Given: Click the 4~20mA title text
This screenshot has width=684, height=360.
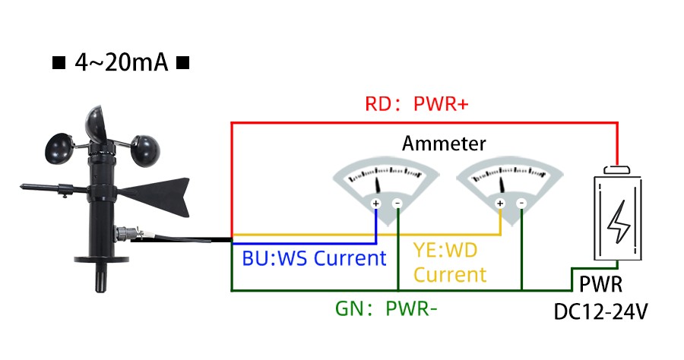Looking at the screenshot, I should [x=121, y=62].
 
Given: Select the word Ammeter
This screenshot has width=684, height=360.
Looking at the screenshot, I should [x=444, y=144].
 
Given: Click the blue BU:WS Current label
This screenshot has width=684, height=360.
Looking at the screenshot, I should [x=314, y=258].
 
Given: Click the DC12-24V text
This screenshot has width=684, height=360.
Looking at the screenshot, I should [x=601, y=311].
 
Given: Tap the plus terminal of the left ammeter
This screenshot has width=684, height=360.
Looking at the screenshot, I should [x=376, y=204].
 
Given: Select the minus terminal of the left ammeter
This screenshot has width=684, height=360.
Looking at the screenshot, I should [x=397, y=204].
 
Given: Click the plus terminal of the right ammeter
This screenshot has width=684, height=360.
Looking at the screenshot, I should [x=500, y=204].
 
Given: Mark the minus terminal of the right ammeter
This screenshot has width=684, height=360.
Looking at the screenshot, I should [x=521, y=204].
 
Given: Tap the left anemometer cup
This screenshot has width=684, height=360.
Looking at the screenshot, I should [x=60, y=149].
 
